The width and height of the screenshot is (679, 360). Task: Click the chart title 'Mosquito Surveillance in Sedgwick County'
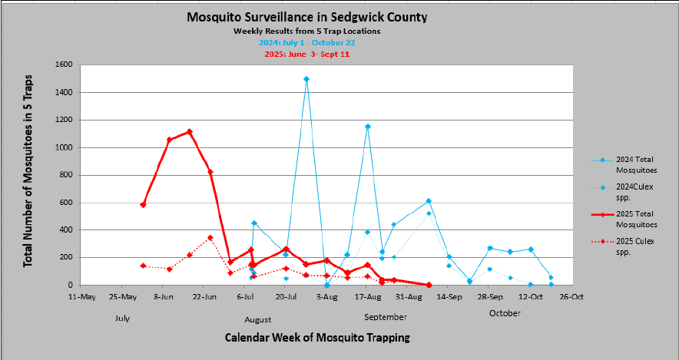pyautogui.click(x=307, y=17)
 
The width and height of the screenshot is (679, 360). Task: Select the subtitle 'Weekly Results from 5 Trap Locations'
pyautogui.click(x=307, y=31)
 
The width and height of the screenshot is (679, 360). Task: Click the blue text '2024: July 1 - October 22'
pyautogui.click(x=307, y=42)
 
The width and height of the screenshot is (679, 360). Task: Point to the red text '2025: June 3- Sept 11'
pyautogui.click(x=307, y=53)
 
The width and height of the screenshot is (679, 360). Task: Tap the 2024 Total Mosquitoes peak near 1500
pyautogui.click(x=306, y=79)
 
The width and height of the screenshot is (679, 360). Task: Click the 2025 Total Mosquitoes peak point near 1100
pyautogui.click(x=190, y=132)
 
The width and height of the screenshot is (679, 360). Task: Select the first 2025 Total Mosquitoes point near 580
pyautogui.click(x=144, y=205)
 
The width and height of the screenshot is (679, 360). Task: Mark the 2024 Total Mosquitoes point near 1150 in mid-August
pyautogui.click(x=368, y=127)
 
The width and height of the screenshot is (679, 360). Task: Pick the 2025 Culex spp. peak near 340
pyautogui.click(x=210, y=238)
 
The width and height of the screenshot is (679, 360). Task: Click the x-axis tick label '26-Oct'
pyautogui.click(x=571, y=296)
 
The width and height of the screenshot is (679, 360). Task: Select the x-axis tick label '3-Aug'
pyautogui.click(x=326, y=296)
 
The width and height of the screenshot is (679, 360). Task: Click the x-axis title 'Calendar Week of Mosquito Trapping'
pyautogui.click(x=317, y=337)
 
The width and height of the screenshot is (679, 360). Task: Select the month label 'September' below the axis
pyautogui.click(x=386, y=317)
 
